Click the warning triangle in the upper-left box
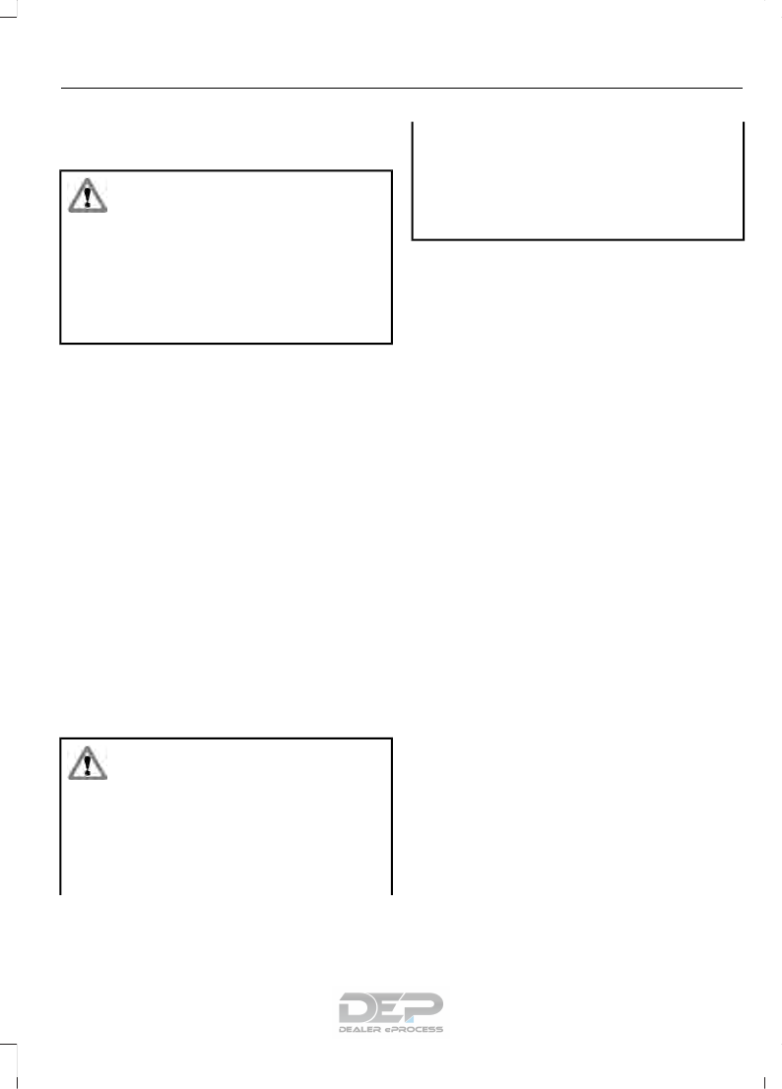[87, 196]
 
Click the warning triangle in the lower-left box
[87, 763]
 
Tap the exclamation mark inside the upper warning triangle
[87, 198]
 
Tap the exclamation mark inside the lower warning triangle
[87, 765]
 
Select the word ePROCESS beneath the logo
[415, 1029]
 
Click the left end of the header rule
[61, 88]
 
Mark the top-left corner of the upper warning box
[61, 172]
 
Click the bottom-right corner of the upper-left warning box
[392, 343]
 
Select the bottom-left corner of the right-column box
[412, 238]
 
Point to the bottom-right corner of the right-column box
[743, 238]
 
